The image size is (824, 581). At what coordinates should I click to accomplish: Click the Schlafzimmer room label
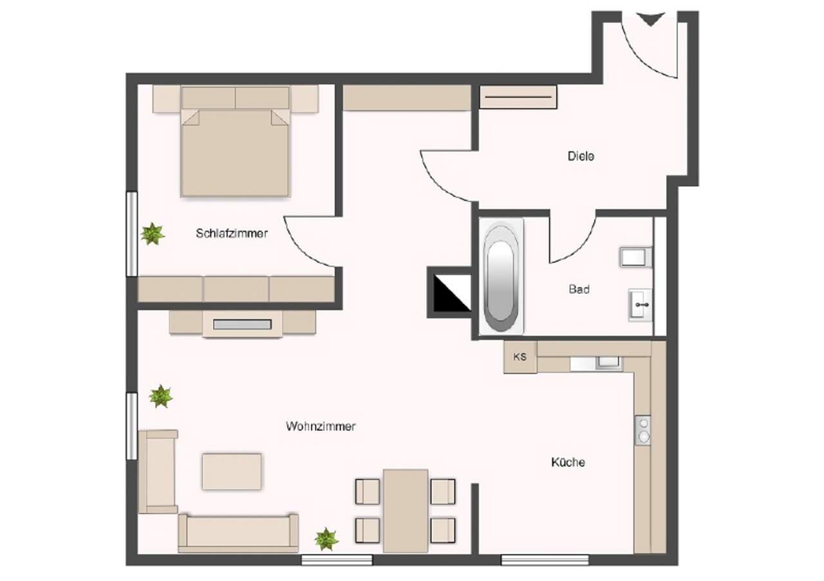(x=232, y=233)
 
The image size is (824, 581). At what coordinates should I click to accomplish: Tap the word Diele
(x=581, y=156)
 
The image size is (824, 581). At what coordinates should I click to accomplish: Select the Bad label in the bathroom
(x=579, y=289)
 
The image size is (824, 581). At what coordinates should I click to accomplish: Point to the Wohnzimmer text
(x=321, y=426)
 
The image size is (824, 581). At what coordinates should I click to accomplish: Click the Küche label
(x=568, y=462)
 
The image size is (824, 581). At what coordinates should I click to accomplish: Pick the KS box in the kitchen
(x=520, y=357)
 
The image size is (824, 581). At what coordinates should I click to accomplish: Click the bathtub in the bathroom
(x=501, y=276)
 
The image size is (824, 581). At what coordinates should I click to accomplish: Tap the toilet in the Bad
(x=635, y=256)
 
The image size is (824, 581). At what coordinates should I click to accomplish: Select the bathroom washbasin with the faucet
(x=641, y=305)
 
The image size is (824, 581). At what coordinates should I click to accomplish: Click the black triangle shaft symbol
(x=452, y=292)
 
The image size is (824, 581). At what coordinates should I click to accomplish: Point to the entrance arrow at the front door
(x=650, y=19)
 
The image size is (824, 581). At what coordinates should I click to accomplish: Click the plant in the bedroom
(x=153, y=234)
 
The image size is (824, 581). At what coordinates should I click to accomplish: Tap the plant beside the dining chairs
(x=326, y=539)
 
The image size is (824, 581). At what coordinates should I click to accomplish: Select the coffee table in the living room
(x=232, y=471)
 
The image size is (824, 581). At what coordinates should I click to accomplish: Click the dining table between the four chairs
(x=406, y=511)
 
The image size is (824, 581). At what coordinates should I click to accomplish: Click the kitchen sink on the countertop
(x=609, y=362)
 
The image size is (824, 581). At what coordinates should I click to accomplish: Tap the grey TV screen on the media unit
(x=242, y=325)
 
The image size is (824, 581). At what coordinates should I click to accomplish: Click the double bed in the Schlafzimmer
(x=235, y=141)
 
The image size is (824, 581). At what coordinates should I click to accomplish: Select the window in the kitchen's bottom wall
(x=545, y=560)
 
